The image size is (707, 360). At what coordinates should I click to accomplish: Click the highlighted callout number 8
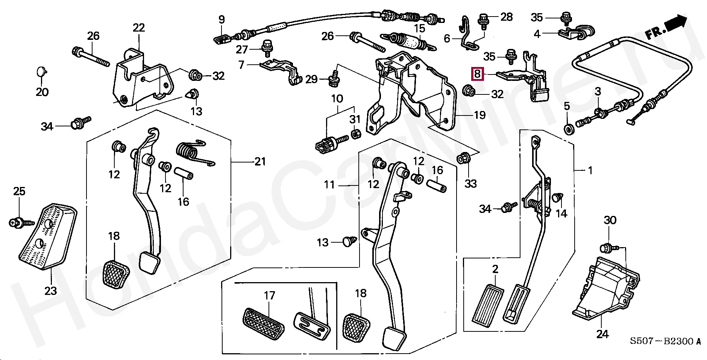[x=477, y=73]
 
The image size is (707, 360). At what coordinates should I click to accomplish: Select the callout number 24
[x=602, y=334]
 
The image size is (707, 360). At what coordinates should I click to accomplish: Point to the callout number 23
[x=51, y=290]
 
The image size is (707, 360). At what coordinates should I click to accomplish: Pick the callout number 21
[x=260, y=161]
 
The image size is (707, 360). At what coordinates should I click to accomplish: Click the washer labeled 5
[x=569, y=129]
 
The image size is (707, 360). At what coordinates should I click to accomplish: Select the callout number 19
[x=479, y=115]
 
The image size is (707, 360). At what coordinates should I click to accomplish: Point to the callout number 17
[x=269, y=295]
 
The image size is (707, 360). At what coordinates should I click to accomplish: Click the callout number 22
[x=138, y=27]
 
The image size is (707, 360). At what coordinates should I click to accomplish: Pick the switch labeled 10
[x=326, y=145]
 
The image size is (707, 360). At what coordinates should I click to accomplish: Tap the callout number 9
[x=222, y=20]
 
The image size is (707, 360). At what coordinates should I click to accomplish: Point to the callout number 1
[x=590, y=170]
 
